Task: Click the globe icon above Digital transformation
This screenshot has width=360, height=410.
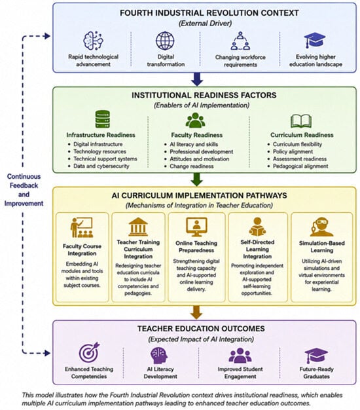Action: [165, 41]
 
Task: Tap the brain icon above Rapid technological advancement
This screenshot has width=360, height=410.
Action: [93, 41]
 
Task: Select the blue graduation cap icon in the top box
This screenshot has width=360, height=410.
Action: [315, 40]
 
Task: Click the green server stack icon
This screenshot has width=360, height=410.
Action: [102, 119]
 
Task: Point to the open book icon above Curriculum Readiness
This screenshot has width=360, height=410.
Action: [301, 121]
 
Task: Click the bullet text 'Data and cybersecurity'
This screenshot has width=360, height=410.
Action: [101, 166]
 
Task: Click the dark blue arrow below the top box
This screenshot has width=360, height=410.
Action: [197, 79]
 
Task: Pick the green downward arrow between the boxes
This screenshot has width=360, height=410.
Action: [197, 179]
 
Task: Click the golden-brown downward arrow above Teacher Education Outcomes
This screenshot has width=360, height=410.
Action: [196, 312]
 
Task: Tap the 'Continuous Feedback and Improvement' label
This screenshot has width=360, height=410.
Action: [24, 190]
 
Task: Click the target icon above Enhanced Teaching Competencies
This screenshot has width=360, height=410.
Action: [90, 352]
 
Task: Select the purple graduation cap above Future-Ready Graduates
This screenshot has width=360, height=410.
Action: [316, 356]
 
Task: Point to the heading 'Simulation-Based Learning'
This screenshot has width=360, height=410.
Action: [322, 246]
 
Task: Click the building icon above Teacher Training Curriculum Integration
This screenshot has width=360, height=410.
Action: [138, 227]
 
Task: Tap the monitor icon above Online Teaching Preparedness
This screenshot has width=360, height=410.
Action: [196, 227]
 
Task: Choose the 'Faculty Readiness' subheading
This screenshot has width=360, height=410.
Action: [197, 135]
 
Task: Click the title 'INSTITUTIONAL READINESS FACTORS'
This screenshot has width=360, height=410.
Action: [204, 95]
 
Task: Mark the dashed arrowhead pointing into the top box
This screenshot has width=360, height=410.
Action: [48, 36]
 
